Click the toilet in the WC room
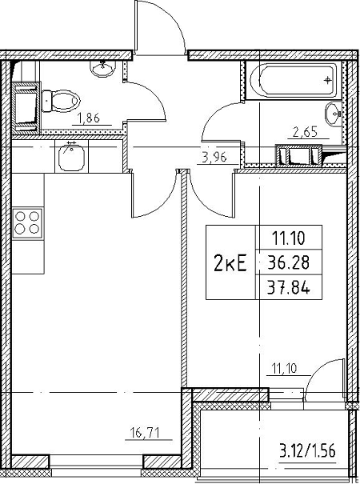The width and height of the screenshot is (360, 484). coord(61,101)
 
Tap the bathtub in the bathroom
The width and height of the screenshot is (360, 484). coord(294,80)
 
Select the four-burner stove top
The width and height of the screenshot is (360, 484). coord(27,223)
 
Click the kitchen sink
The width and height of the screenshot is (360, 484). coord(72,156)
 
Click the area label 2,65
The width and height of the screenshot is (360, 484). coord(305,132)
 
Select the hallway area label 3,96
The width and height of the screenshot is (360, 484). coord(214,157)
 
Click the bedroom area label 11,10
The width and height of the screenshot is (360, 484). coord(284,368)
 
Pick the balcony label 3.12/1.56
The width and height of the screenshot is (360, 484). coord(307,451)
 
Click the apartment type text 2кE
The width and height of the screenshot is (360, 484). coord(230,264)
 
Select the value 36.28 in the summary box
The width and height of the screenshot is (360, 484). coord(288,263)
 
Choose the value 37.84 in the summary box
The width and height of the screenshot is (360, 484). coord(288,289)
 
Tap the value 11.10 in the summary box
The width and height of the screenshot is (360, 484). coord(288,238)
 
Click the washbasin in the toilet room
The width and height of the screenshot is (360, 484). coord(103,69)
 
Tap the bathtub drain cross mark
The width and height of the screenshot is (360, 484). coord(327,81)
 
